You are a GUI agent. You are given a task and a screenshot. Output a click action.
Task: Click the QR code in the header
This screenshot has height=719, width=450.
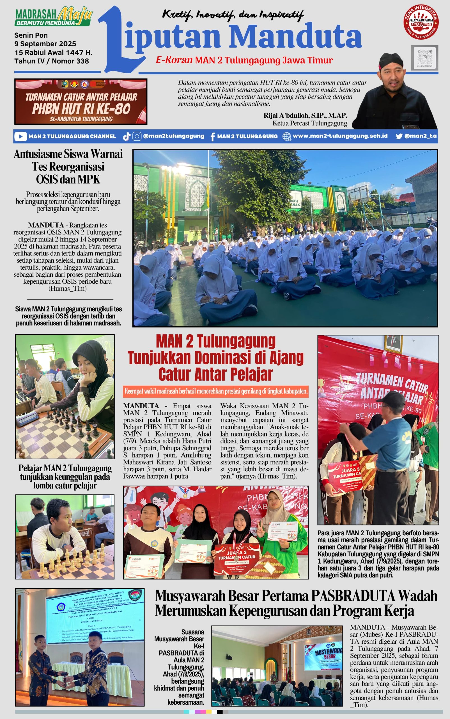coord(424,58)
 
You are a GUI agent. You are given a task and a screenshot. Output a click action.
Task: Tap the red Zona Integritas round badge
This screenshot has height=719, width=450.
coord(421,22)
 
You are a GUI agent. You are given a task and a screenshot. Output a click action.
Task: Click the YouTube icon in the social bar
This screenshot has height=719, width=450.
coord(20,136)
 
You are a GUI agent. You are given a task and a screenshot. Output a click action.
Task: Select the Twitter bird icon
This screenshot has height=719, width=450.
coord(399,136)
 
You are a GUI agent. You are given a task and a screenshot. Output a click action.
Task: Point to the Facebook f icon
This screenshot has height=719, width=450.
coord(212,137)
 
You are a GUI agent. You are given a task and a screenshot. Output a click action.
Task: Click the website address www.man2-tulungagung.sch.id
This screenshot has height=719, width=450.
coord(340,136)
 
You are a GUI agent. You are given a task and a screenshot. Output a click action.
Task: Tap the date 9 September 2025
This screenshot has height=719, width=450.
coord(45,44)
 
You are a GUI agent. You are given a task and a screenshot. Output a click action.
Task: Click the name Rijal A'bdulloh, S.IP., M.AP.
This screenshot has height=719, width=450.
coord(305,116)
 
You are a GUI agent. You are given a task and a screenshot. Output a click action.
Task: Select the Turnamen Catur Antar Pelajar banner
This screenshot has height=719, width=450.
coord(81,102)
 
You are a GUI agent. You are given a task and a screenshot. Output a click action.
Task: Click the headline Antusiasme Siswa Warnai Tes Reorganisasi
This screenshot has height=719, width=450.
coord(68,160)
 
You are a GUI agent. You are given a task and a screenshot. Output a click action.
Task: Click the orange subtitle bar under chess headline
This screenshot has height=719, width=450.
coord(216,391)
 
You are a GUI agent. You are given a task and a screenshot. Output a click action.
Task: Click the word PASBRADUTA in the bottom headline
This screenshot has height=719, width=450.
coord(353,596)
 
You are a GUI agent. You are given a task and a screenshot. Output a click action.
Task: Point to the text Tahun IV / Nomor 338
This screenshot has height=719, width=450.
coord(52,61)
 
